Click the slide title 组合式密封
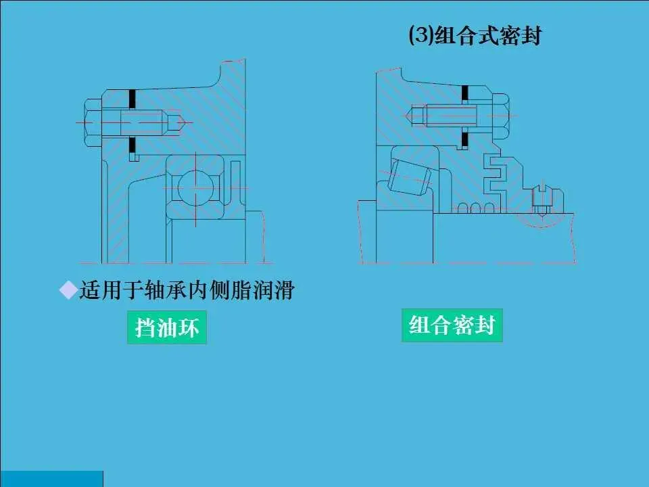coord(475,35)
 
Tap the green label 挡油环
coord(167,328)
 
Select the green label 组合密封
coord(452,325)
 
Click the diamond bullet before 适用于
coord(68,291)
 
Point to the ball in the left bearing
coord(193,187)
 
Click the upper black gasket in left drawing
coord(133,99)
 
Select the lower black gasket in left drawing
coord(133,145)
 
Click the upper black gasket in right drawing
coord(464,94)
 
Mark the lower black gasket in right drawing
coord(464,140)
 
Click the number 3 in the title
coord(419,35)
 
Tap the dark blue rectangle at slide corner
coord(51,478)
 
